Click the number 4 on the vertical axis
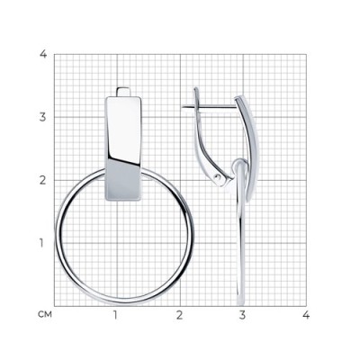click(x=43, y=55)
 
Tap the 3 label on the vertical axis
click(x=43, y=117)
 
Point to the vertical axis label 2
click(x=43, y=180)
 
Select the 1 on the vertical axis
click(x=41, y=243)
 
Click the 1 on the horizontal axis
click(x=115, y=315)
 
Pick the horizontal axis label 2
click(x=179, y=315)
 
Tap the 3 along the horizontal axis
click(x=242, y=315)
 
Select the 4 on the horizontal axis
click(x=306, y=315)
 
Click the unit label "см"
click(x=45, y=315)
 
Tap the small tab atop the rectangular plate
click(x=123, y=92)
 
